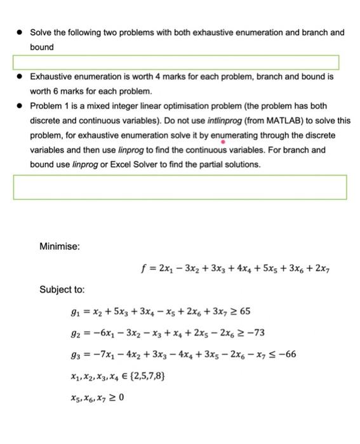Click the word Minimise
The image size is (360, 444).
pyautogui.click(x=59, y=245)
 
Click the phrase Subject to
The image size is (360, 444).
pyautogui.click(x=62, y=289)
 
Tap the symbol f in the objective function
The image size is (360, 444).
pyautogui.click(x=147, y=268)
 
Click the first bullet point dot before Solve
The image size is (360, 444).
pyautogui.click(x=20, y=32)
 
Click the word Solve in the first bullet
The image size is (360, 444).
pyautogui.click(x=41, y=32)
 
